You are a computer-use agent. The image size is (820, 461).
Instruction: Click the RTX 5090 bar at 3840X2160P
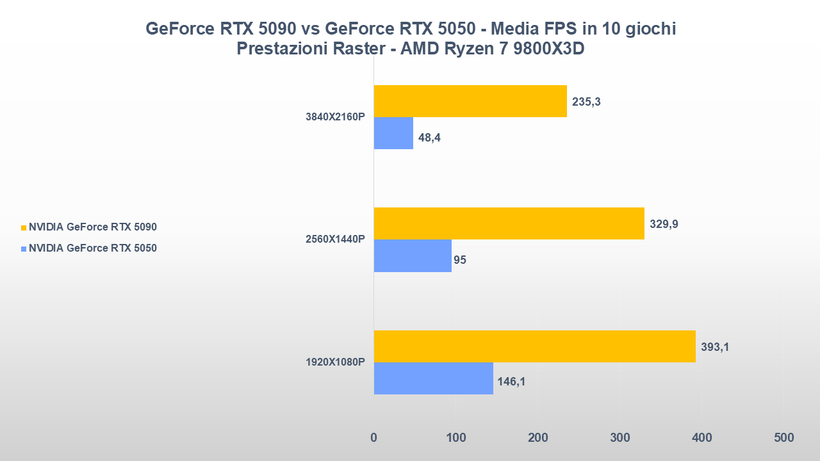(470, 101)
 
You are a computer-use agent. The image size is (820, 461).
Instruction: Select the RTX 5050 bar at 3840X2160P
(393, 133)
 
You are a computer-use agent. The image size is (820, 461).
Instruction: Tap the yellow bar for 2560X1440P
(509, 223)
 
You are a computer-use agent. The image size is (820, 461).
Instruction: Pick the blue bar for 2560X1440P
(413, 256)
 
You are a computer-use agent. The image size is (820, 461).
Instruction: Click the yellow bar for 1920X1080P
(534, 346)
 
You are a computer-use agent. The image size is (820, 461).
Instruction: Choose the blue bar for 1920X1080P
(433, 378)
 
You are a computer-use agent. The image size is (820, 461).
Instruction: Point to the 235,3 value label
(586, 102)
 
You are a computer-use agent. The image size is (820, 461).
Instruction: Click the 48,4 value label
(430, 137)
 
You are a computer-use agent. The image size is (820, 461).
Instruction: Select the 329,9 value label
(664, 224)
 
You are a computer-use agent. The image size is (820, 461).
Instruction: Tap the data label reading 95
(460, 260)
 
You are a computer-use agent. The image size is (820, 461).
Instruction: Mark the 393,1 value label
(715, 347)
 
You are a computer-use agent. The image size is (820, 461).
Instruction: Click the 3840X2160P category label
(335, 117)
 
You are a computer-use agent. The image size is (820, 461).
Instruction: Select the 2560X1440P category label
(335, 239)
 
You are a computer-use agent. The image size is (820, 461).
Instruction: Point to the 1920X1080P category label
(335, 362)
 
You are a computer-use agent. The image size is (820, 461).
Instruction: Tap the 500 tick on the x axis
(783, 438)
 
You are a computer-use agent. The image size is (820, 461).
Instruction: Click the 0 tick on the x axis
(374, 438)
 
